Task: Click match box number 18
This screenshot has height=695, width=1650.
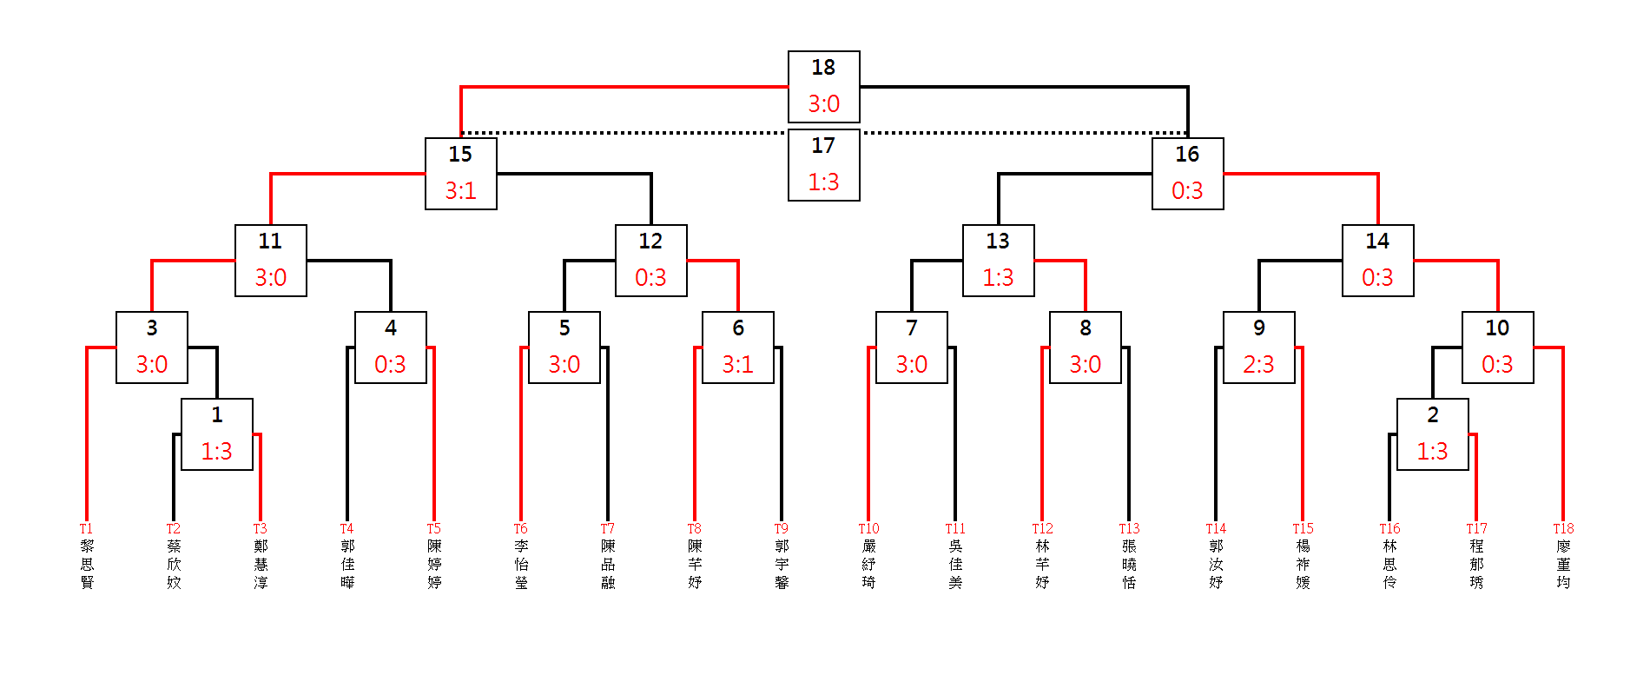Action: pos(823,86)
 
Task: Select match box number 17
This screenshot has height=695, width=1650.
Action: pos(823,164)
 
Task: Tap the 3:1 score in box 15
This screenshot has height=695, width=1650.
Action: pos(460,191)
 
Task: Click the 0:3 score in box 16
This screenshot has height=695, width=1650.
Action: pos(1187,191)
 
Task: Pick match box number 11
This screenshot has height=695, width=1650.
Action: pos(270,260)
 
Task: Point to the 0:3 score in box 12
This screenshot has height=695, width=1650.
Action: pos(650,278)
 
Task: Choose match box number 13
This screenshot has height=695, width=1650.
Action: pos(998,260)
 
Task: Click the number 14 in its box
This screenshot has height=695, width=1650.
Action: pos(1377,242)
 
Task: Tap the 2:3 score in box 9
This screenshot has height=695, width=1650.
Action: pos(1258,365)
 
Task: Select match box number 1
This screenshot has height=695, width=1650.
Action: pos(216,434)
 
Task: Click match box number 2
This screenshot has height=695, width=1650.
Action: pos(1432,434)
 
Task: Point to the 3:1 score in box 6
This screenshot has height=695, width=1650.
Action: pos(737,365)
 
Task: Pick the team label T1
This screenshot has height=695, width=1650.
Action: pos(86,528)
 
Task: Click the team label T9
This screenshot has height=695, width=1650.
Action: pos(782,528)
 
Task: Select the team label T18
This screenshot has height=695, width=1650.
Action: pos(1563,528)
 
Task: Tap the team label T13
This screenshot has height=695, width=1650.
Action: pos(1129,528)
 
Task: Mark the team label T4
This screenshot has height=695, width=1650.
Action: pos(346,528)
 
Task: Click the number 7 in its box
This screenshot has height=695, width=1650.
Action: pos(911,328)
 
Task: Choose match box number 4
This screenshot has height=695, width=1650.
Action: pos(390,347)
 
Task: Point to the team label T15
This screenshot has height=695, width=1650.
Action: pos(1303,528)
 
